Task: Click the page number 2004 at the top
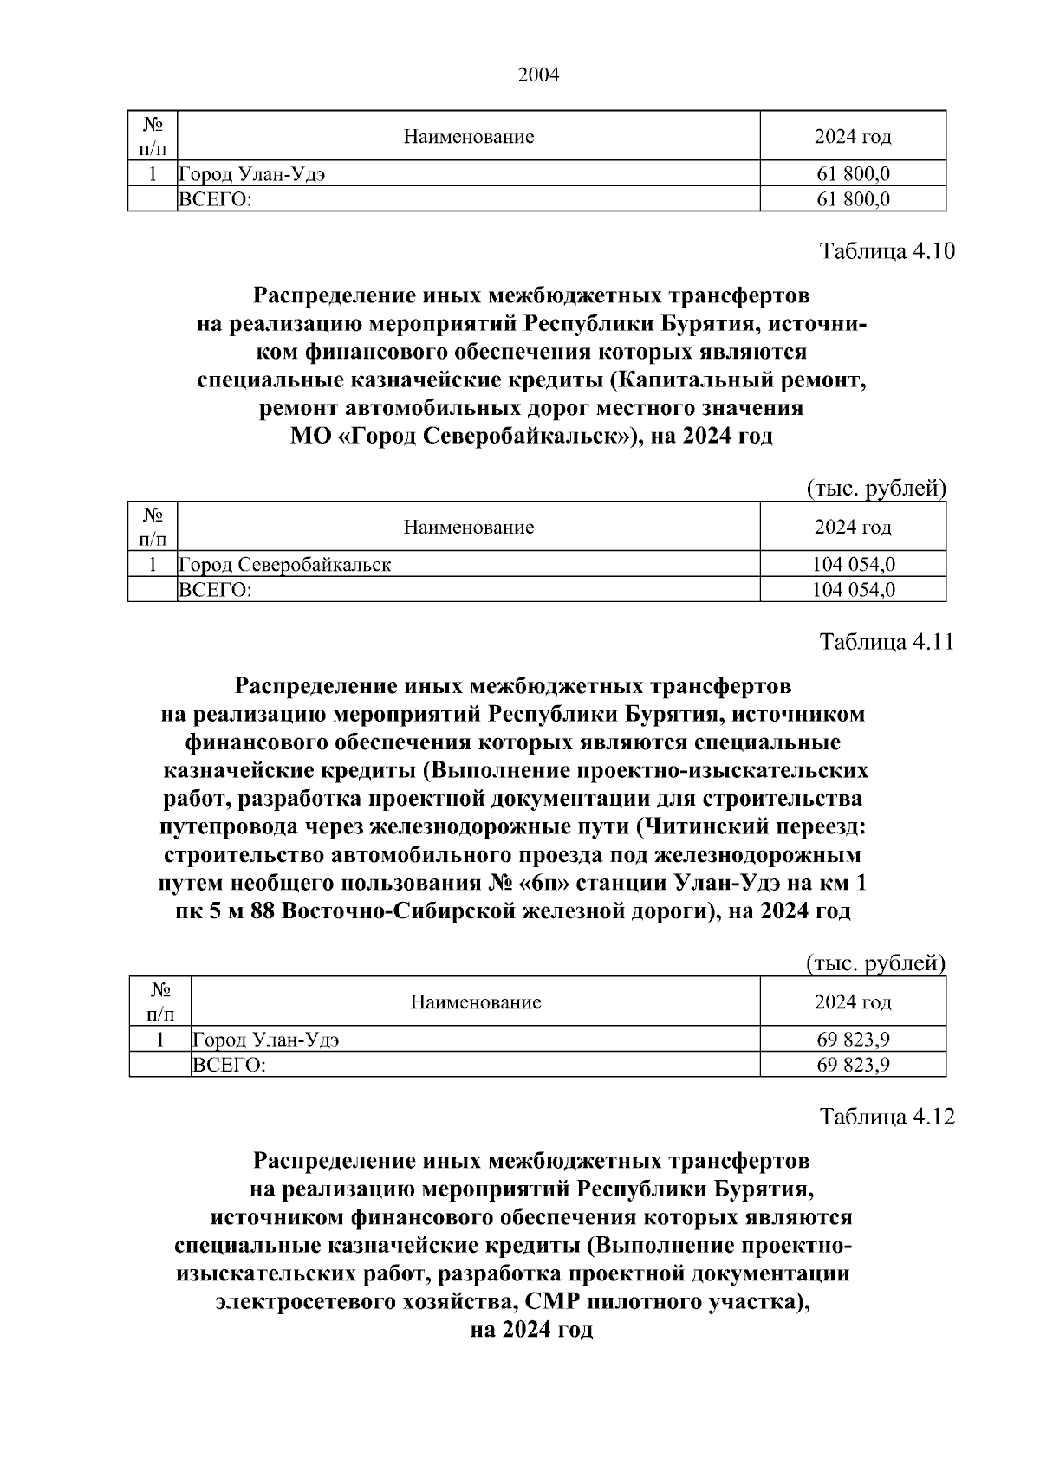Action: (x=538, y=75)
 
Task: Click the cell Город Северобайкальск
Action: (x=284, y=565)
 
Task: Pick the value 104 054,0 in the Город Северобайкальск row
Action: (x=853, y=565)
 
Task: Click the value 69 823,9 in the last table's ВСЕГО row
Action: (x=853, y=1065)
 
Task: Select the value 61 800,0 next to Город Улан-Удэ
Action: (x=853, y=174)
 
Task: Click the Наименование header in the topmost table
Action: (x=469, y=137)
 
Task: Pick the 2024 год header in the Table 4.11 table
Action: (x=853, y=1002)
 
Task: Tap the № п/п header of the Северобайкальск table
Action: (x=153, y=527)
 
